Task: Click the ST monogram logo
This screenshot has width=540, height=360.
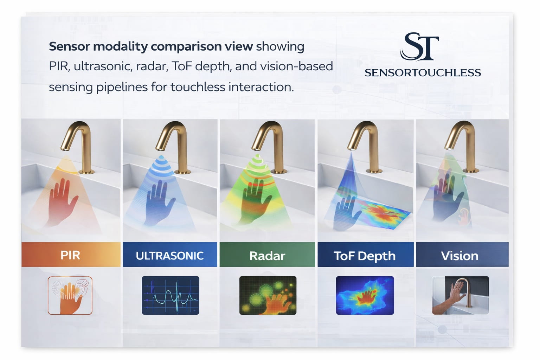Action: [420, 46]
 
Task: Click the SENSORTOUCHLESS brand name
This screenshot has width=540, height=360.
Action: [423, 73]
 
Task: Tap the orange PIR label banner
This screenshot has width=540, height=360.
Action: [71, 255]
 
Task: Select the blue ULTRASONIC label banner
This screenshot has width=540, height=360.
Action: [170, 255]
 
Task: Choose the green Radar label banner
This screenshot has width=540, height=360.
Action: [267, 256]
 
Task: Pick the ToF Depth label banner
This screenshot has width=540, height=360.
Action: [365, 256]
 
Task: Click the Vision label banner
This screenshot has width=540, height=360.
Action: [460, 256]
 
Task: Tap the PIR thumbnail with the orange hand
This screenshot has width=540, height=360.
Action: [70, 295]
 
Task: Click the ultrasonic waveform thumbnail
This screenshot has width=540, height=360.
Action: [171, 295]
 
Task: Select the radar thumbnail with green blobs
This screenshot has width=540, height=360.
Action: [268, 295]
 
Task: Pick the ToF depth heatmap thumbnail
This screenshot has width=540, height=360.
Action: [365, 295]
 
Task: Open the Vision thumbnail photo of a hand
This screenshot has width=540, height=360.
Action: [460, 295]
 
